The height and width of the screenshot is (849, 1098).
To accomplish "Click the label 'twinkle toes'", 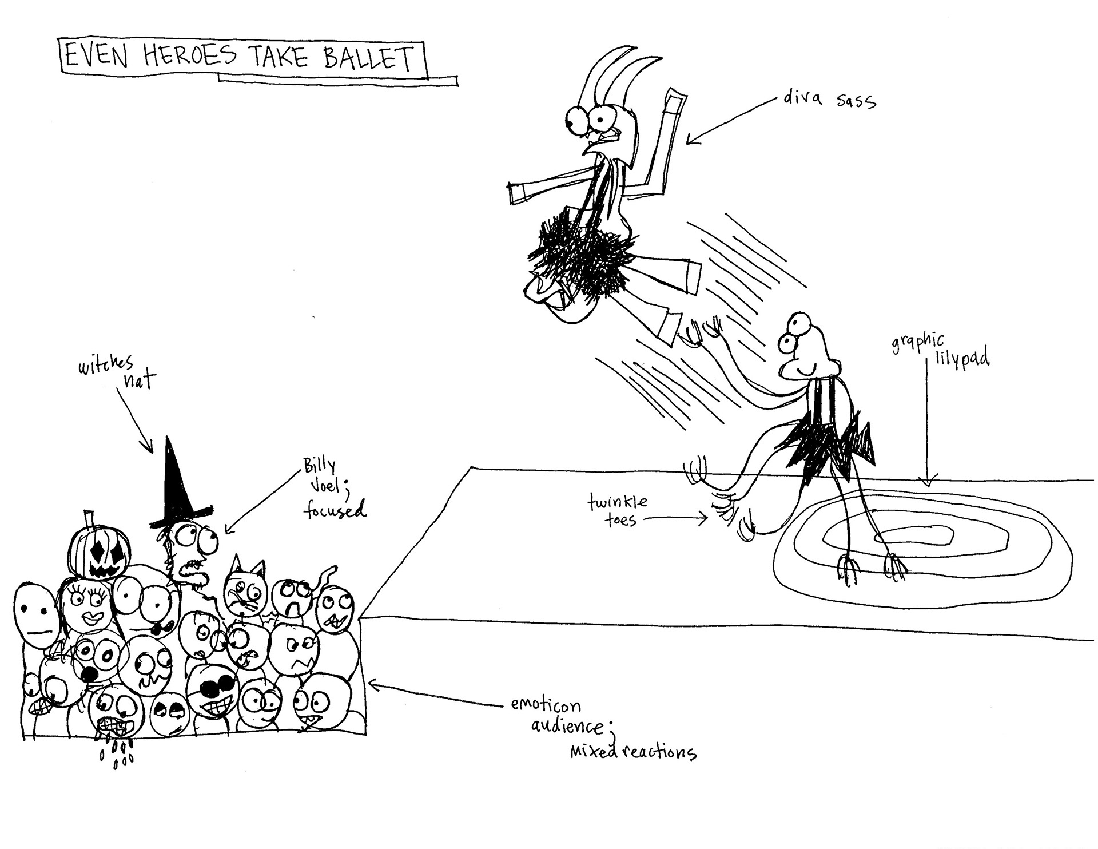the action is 618,511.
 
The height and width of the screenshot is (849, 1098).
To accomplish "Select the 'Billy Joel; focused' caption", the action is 333,489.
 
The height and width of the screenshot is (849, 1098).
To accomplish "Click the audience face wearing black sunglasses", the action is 212,689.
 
